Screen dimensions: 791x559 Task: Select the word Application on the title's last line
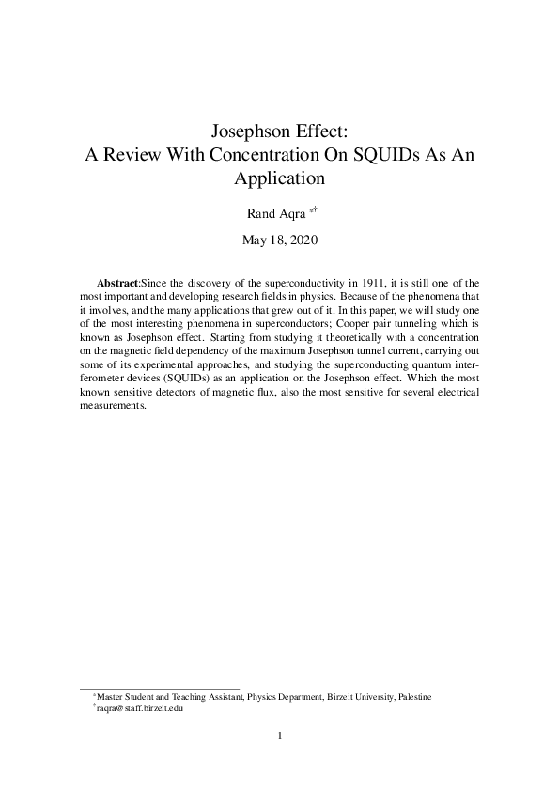tap(279, 178)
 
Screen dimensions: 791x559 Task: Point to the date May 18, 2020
tap(280, 240)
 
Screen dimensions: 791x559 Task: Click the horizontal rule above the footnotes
tap(160, 687)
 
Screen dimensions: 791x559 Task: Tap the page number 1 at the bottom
tap(280, 736)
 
